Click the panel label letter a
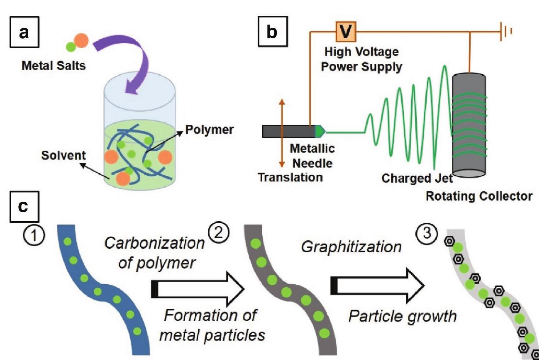(x=24, y=33)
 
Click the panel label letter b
(x=273, y=32)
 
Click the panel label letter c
(x=23, y=206)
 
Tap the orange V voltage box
(x=346, y=31)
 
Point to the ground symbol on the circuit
(x=505, y=31)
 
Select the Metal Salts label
(x=54, y=66)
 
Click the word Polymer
(x=209, y=130)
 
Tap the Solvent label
(x=63, y=155)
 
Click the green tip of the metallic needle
(x=320, y=132)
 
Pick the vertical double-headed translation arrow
(x=282, y=133)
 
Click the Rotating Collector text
(x=479, y=196)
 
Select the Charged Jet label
(x=417, y=178)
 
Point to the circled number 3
(x=427, y=233)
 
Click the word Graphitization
(x=351, y=247)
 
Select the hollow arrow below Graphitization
(x=377, y=286)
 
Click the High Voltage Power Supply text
(x=361, y=59)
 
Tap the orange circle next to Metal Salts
(x=81, y=40)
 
